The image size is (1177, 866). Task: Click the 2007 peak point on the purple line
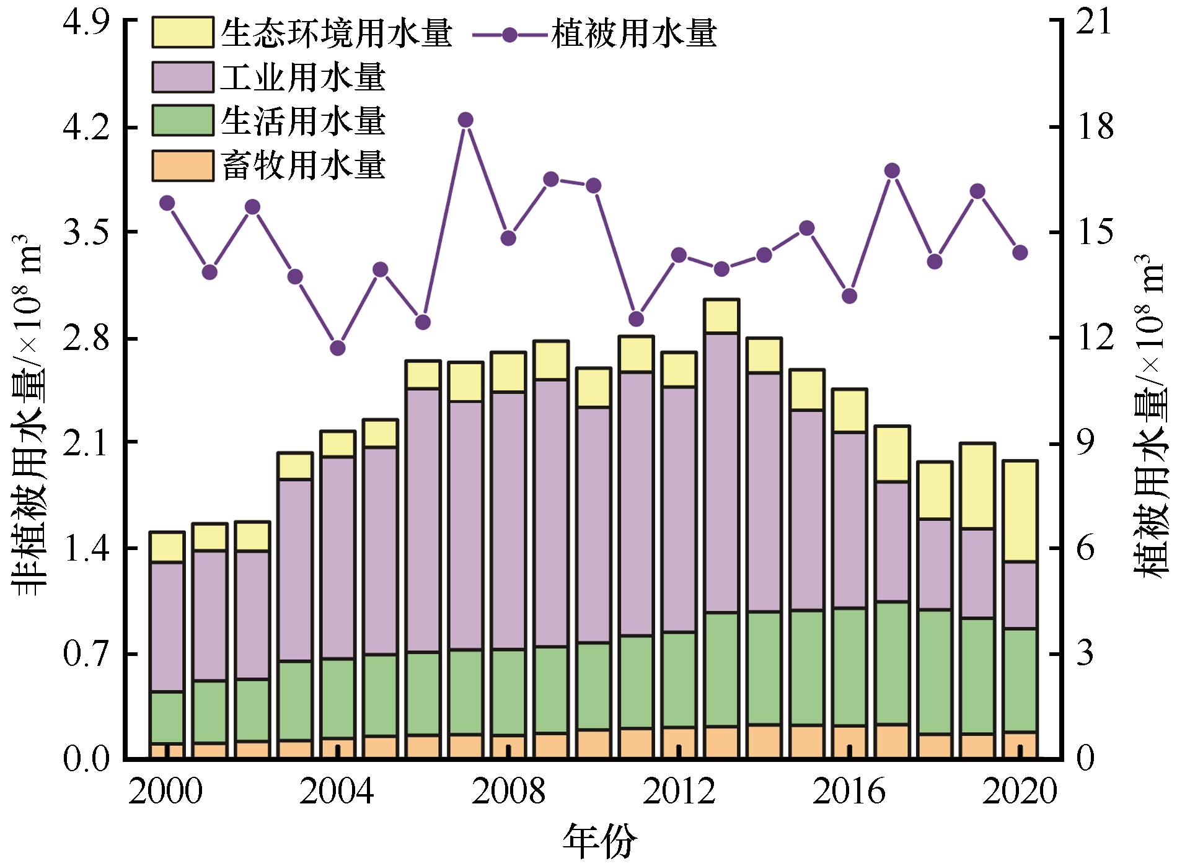pyautogui.click(x=466, y=120)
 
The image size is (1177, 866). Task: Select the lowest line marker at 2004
pyautogui.click(x=338, y=348)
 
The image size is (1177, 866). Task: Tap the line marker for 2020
pyautogui.click(x=1020, y=253)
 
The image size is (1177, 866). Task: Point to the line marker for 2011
pyautogui.click(x=637, y=319)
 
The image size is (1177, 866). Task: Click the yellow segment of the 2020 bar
pyautogui.click(x=1020, y=511)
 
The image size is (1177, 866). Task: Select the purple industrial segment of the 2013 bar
pyautogui.click(x=721, y=473)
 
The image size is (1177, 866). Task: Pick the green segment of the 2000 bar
pyautogui.click(x=167, y=717)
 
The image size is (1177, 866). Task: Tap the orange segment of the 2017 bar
pyautogui.click(x=893, y=741)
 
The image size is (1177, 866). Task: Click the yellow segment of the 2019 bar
pyautogui.click(x=977, y=486)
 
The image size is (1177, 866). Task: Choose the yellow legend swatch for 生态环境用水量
pyautogui.click(x=183, y=32)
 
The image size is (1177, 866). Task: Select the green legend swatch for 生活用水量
pyautogui.click(x=183, y=121)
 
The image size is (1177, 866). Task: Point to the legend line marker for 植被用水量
pyautogui.click(x=510, y=35)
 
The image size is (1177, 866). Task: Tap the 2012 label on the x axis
pyautogui.click(x=679, y=792)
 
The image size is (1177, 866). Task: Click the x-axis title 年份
pyautogui.click(x=599, y=841)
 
